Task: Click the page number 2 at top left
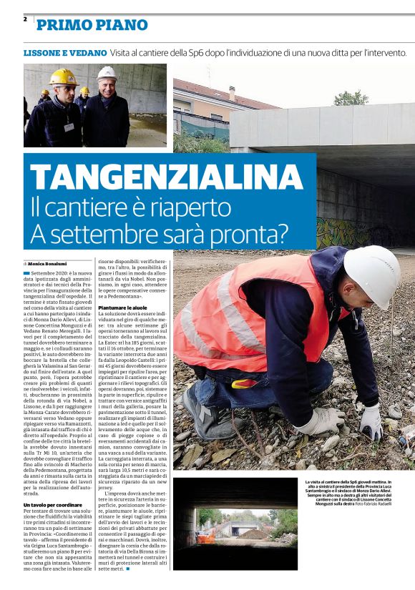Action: (25, 19)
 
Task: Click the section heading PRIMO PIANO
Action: (92, 26)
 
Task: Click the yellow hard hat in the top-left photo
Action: (64, 77)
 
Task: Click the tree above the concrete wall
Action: (351, 98)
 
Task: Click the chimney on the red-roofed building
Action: (231, 92)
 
